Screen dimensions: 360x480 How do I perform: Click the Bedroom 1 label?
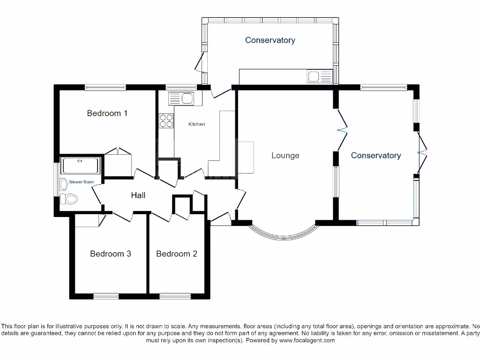click(107, 113)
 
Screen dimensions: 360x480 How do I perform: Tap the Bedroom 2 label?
click(177, 254)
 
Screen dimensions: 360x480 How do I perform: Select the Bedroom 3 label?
click(111, 254)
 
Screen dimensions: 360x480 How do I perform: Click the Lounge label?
click(285, 155)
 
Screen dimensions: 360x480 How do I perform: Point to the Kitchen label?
click(196, 124)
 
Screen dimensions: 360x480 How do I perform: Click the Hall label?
click(138, 195)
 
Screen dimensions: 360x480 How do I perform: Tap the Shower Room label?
click(82, 182)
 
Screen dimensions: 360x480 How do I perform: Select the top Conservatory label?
click(270, 40)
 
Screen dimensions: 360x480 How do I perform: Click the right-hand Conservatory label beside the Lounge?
click(376, 155)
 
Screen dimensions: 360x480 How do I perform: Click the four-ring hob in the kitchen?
click(166, 121)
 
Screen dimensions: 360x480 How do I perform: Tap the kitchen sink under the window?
click(180, 98)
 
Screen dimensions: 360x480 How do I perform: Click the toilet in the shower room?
click(69, 199)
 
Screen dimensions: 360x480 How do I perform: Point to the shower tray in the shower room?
click(81, 166)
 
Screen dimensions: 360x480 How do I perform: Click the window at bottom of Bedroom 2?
click(175, 296)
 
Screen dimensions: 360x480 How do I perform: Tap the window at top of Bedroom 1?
click(105, 87)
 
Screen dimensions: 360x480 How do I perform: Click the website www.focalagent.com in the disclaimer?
click(307, 340)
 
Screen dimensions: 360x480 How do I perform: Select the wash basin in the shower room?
click(64, 183)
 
